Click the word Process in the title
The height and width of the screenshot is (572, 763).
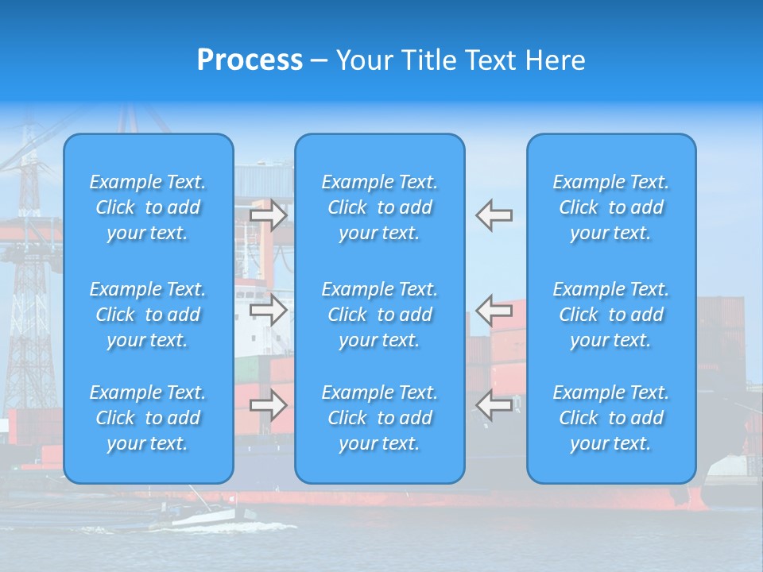[x=250, y=60]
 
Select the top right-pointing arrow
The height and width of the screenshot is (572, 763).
[x=268, y=215]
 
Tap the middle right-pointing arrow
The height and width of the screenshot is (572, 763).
[x=268, y=310]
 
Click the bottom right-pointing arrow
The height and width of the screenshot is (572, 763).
[x=268, y=405]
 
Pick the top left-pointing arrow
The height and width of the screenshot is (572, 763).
[x=494, y=215]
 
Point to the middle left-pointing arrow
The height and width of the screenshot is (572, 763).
[x=494, y=310]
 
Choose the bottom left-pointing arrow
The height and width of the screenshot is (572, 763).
[x=494, y=405]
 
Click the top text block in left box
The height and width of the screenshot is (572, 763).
[x=148, y=207]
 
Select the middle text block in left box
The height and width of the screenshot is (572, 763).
[x=148, y=315]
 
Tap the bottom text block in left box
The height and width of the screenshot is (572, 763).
[x=148, y=418]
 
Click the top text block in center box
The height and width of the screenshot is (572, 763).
[x=380, y=207]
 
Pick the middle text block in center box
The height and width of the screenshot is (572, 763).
[x=380, y=315]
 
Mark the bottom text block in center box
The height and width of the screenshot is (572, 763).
[x=380, y=418]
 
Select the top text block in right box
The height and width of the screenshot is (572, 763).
[x=611, y=207]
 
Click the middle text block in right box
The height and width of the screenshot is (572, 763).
[x=611, y=315]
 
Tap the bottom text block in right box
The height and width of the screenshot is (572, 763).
[x=611, y=418]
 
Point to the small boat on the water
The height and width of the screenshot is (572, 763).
[x=199, y=516]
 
